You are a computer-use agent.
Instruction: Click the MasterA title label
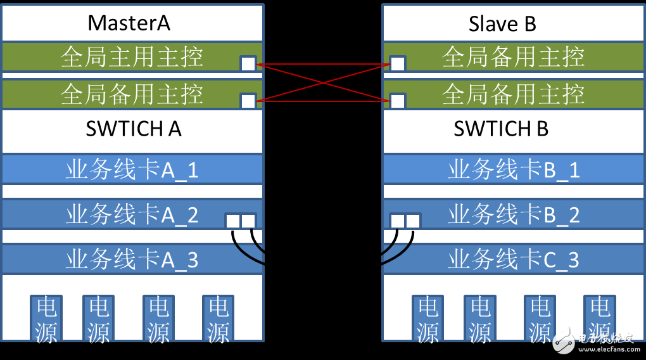129,23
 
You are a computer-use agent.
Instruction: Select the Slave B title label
502,23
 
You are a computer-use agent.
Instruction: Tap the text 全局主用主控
132,57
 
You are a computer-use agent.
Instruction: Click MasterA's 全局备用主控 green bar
132,94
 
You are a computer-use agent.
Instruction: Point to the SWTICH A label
133,129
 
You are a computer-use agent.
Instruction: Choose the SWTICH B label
501,129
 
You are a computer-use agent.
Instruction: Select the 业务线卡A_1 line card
132,169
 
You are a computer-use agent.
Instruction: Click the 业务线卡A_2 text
132,214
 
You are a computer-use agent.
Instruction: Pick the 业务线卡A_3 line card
132,259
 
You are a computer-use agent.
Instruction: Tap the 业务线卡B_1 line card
513,169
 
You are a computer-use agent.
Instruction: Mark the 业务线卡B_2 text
513,214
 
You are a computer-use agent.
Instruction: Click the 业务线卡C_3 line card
513,259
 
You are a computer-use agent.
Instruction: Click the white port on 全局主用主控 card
248,63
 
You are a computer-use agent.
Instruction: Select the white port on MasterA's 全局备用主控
248,101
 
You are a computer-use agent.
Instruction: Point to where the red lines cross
323,82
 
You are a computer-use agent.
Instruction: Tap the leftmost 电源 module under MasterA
46,319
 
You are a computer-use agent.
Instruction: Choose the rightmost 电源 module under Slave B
599,319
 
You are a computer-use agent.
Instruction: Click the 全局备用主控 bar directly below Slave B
513,57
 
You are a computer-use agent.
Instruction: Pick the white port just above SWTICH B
397,101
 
